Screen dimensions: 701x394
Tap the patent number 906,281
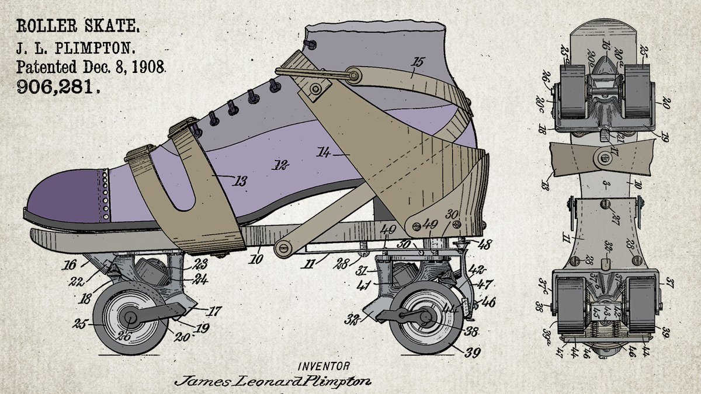58,86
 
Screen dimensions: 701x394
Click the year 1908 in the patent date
148,66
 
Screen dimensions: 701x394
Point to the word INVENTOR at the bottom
324,367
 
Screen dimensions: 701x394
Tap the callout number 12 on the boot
282,166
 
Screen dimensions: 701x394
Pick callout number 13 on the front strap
240,182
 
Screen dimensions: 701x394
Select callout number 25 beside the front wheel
85,321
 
